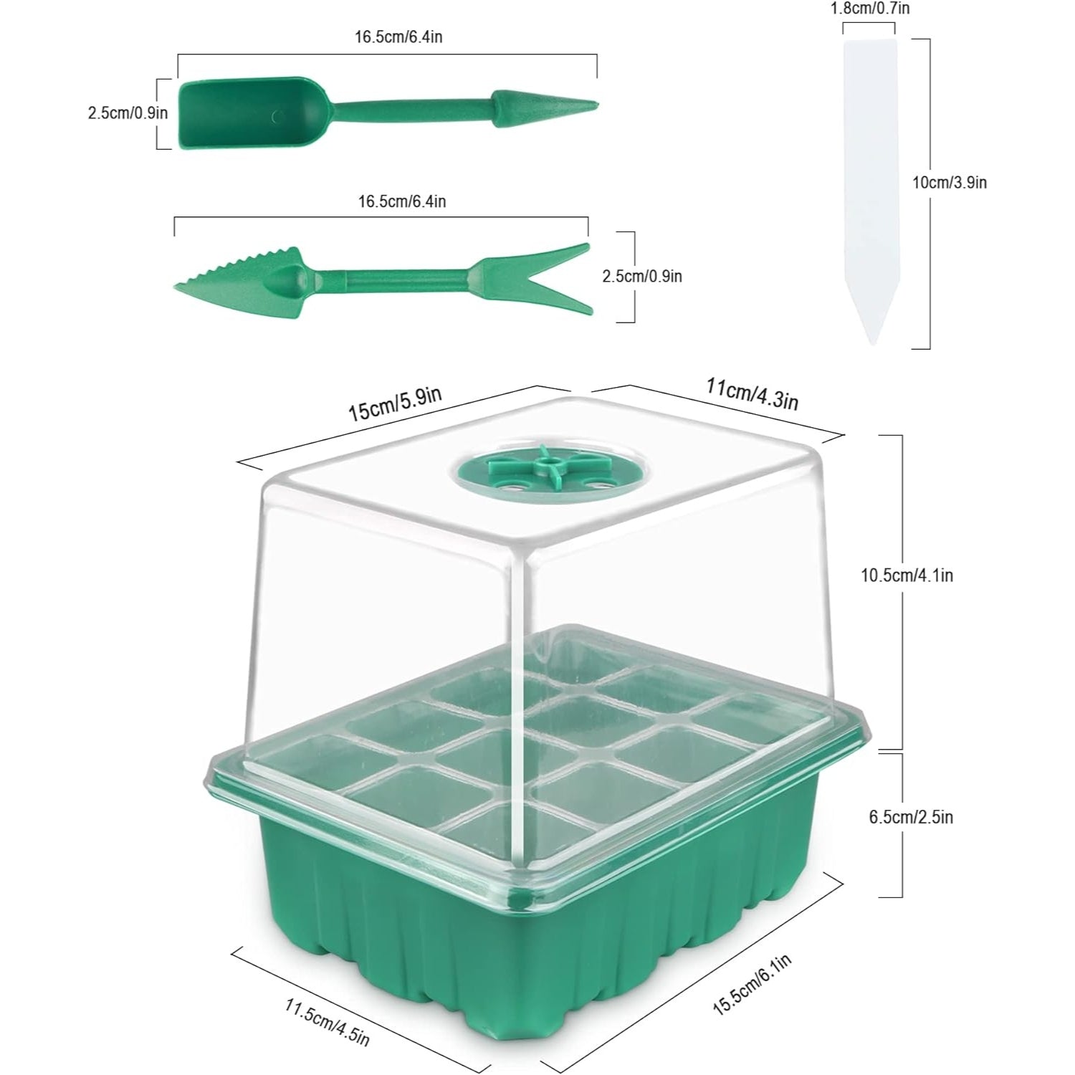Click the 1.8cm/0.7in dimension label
pos(869,9)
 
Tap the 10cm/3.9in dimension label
pos(949,183)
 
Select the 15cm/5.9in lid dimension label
pos(395,404)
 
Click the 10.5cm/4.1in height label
pos(907,575)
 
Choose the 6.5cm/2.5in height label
pos(911,817)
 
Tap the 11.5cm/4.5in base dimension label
pos(327,1023)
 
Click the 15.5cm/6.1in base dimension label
pos(752,985)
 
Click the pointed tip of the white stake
pos(871,343)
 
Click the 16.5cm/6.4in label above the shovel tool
pos(398,37)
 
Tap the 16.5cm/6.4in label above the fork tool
pos(402,201)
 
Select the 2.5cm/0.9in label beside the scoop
pos(128,113)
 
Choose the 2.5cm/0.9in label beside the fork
pos(642,276)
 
